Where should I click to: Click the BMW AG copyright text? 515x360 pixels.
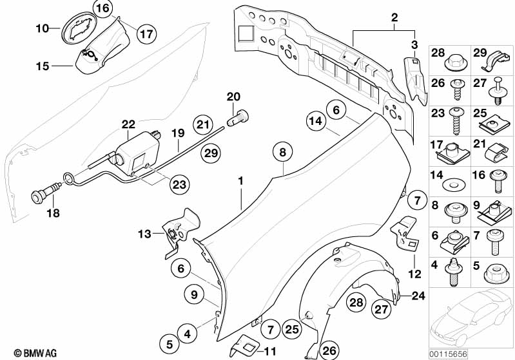[35, 353]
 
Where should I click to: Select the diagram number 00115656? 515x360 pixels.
[449, 354]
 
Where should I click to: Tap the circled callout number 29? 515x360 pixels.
[211, 153]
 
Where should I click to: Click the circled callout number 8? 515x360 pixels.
[283, 152]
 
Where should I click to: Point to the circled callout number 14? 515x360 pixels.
[316, 121]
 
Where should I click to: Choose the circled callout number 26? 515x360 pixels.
[329, 350]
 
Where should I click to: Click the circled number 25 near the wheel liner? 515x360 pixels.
[291, 329]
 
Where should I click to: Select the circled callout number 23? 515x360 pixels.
[179, 184]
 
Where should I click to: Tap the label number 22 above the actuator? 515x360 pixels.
[128, 124]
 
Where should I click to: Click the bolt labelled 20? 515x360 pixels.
[237, 118]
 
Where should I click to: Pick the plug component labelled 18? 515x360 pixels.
[46, 193]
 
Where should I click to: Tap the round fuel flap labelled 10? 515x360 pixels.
[78, 28]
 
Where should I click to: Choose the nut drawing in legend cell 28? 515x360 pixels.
[456, 62]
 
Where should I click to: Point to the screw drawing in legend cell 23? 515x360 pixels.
[456, 121]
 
